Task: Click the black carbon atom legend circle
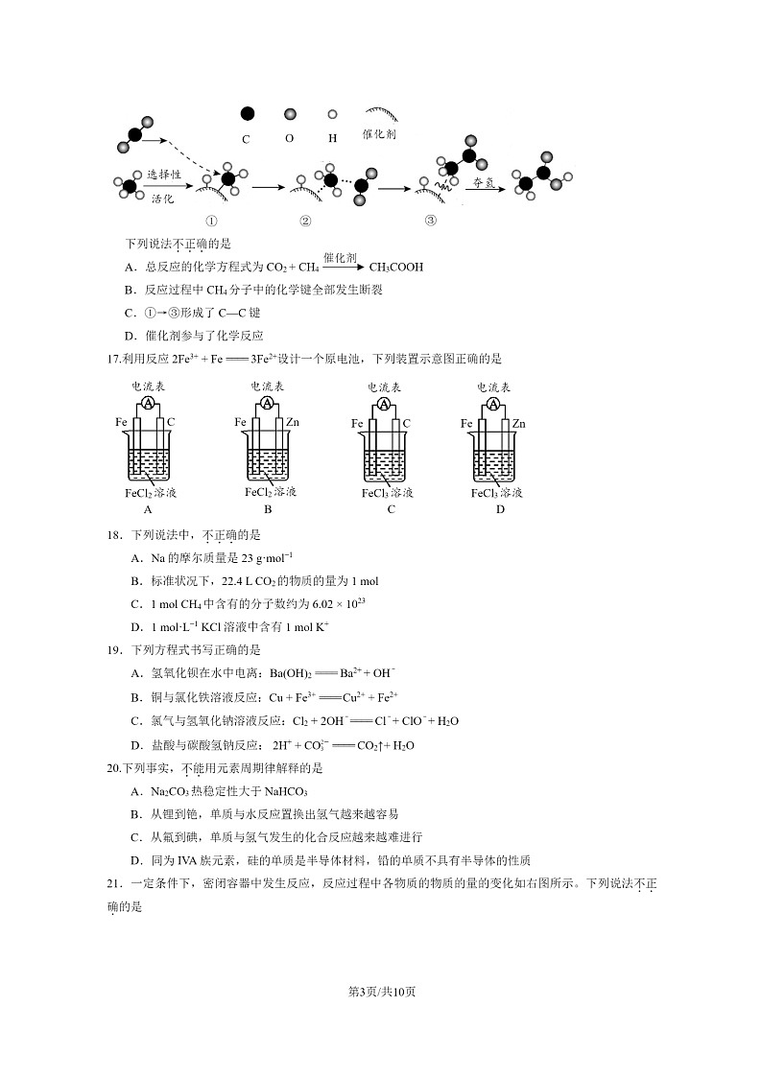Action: point(247,114)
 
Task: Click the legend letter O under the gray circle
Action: point(289,138)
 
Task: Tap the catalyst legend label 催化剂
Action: point(379,135)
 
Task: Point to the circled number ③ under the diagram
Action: point(430,220)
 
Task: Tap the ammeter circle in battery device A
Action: point(149,404)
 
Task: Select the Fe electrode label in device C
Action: point(357,423)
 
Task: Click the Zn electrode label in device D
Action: point(518,423)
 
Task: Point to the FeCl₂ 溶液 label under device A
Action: point(151,493)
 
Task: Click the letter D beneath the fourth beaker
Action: point(500,509)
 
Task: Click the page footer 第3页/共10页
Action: point(381,992)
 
